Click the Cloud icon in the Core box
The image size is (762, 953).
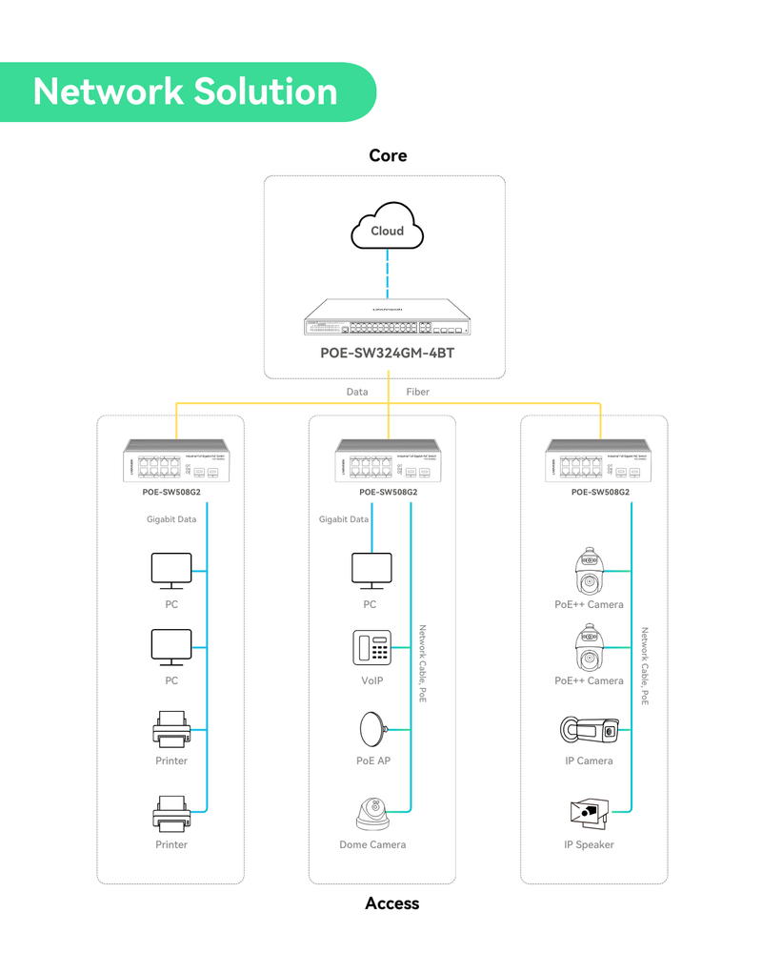(x=388, y=225)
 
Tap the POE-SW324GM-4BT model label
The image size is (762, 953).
(x=388, y=352)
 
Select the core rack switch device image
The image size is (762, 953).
(x=388, y=318)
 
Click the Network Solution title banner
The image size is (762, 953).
(x=187, y=91)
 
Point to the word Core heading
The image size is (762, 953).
(x=388, y=155)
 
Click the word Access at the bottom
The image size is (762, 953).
(x=391, y=902)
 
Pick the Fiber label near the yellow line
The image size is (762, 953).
(x=417, y=392)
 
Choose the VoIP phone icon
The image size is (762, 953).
(x=372, y=648)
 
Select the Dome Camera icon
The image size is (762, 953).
(x=372, y=812)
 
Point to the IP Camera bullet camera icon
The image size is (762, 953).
(x=589, y=729)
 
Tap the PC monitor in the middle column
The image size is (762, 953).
(x=371, y=570)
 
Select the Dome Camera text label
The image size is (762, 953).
(x=372, y=844)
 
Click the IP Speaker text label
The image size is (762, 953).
(x=589, y=844)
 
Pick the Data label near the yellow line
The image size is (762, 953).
(x=357, y=392)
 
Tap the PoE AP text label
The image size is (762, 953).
(x=373, y=760)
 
